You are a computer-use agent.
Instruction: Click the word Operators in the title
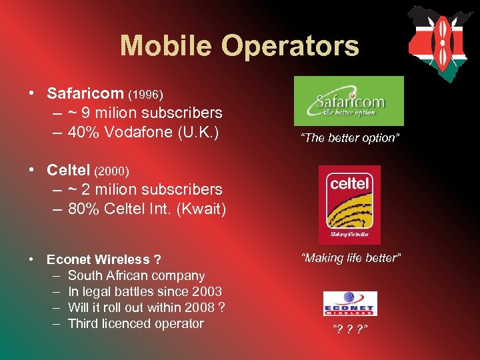[x=291, y=47]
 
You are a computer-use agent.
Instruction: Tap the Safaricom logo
[x=349, y=101]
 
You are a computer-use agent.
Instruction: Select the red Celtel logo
[x=349, y=205]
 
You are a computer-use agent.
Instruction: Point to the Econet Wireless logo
[x=350, y=303]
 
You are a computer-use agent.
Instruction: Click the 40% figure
[x=84, y=132]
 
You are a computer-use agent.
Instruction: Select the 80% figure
[x=84, y=209]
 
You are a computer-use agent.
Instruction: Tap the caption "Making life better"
[x=351, y=258]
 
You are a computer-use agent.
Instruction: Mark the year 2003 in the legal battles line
[x=206, y=291]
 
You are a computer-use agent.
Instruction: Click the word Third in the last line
[x=84, y=323]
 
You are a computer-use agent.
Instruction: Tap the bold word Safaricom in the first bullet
[x=85, y=93]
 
